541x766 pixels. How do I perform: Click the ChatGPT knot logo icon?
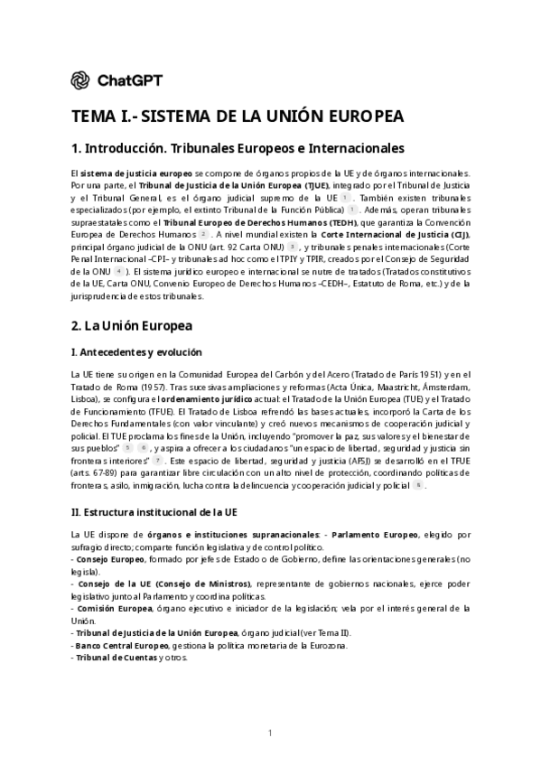[x=81, y=80]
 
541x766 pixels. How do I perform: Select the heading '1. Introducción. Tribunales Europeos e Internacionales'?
[x=238, y=147]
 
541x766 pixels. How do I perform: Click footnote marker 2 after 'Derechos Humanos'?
[x=204, y=233]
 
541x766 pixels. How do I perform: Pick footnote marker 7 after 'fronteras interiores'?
[x=157, y=460]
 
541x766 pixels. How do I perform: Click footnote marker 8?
[x=418, y=485]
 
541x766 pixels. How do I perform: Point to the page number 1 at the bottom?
[x=270, y=732]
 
